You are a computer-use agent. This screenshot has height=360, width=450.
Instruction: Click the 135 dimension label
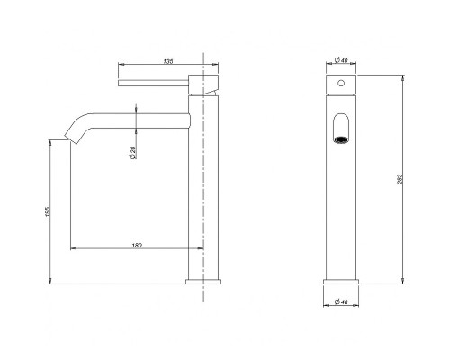[168, 61]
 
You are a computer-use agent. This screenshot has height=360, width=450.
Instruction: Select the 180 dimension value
[137, 246]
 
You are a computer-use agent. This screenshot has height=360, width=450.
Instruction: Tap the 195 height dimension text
[48, 211]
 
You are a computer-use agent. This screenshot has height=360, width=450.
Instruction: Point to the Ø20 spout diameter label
[133, 153]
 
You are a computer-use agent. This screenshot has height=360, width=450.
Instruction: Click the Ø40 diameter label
[341, 60]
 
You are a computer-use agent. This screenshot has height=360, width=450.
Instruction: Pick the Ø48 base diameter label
[341, 302]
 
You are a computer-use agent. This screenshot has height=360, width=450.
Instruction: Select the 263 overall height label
[400, 179]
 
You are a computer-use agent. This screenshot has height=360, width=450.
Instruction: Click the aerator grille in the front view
[341, 140]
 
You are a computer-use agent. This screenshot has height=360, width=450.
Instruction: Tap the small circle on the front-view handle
[341, 83]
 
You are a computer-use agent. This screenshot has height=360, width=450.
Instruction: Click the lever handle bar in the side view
[153, 83]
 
